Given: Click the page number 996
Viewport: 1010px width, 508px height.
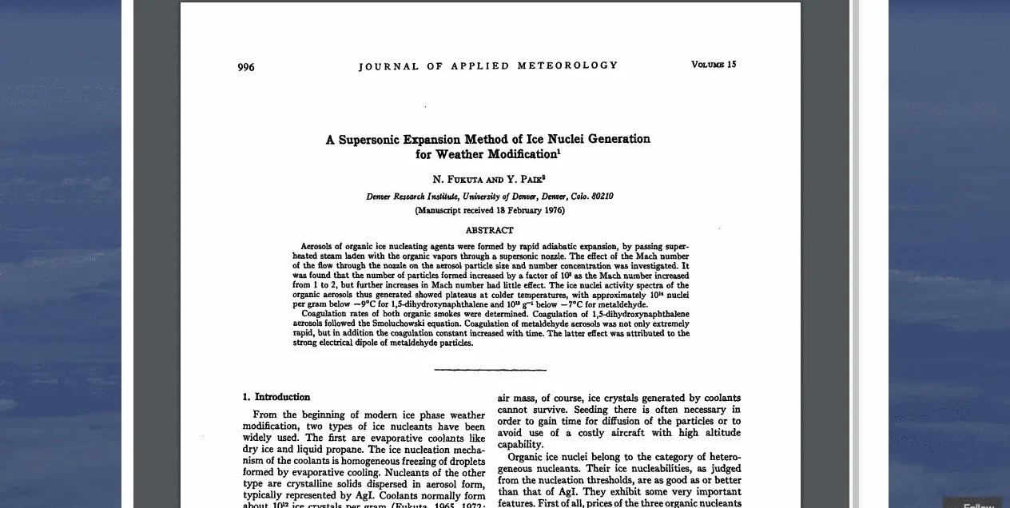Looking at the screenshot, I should pyautogui.click(x=246, y=67).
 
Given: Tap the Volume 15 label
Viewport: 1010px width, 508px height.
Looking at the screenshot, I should pyautogui.click(x=714, y=65).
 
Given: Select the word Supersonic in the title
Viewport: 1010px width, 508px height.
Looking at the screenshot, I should pyautogui.click(x=370, y=139).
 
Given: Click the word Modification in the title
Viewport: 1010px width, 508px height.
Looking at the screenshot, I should pyautogui.click(x=519, y=154).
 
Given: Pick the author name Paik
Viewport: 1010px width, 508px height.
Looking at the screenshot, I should pyautogui.click(x=530, y=180).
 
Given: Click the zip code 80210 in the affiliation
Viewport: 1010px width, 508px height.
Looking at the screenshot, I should pyautogui.click(x=602, y=196).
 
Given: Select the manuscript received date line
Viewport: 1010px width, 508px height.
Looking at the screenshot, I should pyautogui.click(x=489, y=211).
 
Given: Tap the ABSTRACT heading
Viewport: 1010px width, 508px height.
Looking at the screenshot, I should pyautogui.click(x=489, y=230).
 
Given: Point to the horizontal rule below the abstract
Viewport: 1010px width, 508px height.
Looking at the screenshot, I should pyautogui.click(x=490, y=370).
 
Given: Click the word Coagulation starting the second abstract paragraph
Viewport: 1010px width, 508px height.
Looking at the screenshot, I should pyautogui.click(x=325, y=315).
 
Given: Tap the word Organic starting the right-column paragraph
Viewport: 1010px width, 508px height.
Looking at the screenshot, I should pyautogui.click(x=527, y=457).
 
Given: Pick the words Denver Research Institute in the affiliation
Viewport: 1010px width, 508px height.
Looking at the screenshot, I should pyautogui.click(x=412, y=196).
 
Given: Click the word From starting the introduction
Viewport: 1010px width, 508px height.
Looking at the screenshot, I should pyautogui.click(x=264, y=415).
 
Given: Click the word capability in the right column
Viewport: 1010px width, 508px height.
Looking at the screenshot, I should pyautogui.click(x=520, y=445).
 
